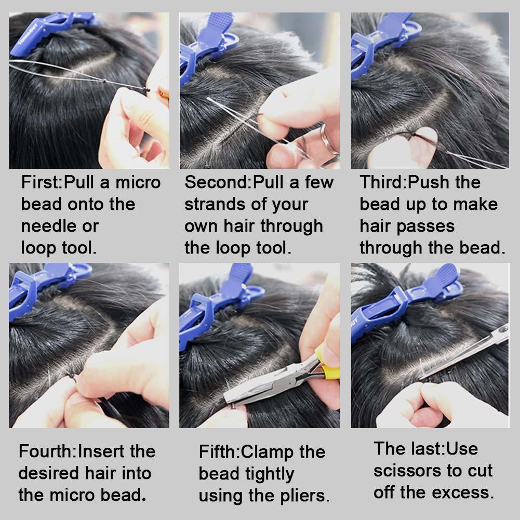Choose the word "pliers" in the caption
pyautogui.click(x=303, y=496)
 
